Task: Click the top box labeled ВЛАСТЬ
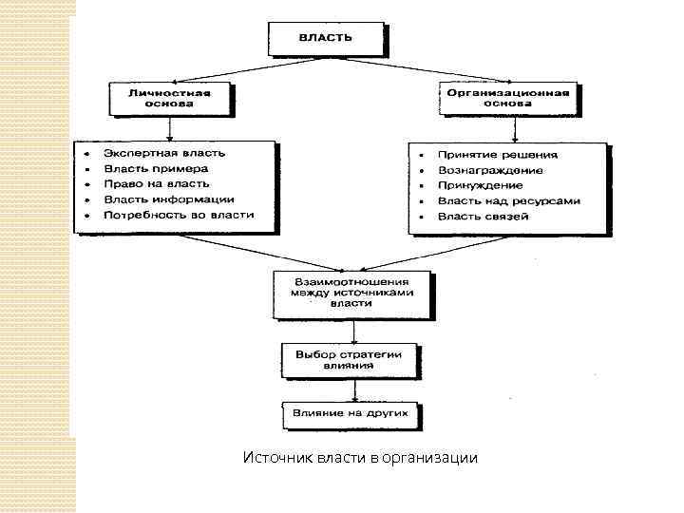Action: (327, 39)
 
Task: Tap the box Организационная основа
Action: (508, 99)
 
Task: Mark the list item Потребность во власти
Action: (179, 215)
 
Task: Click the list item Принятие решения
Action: (498, 154)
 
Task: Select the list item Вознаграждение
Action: (490, 170)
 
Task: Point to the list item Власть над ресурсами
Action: (509, 200)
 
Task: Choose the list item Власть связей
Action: (484, 217)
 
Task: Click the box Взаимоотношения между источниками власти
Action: (351, 293)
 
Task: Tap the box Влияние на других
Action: (351, 415)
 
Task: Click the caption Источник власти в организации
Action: (361, 459)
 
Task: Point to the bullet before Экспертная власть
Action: (85, 153)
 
